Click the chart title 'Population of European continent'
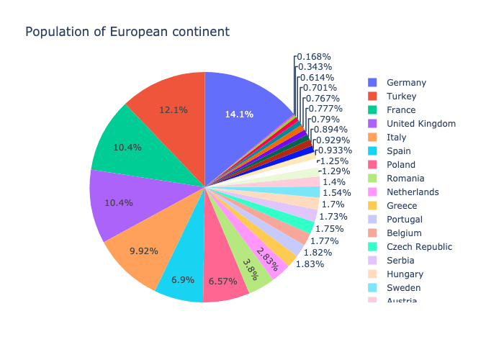(x=127, y=32)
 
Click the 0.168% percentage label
(x=314, y=56)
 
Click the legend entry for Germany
(x=406, y=82)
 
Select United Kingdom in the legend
(x=420, y=123)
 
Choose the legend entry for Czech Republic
(x=419, y=247)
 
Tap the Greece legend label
(x=401, y=206)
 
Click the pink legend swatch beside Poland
(x=372, y=165)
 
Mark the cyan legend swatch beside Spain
(x=372, y=151)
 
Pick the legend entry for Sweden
(x=404, y=288)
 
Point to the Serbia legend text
(x=400, y=261)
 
